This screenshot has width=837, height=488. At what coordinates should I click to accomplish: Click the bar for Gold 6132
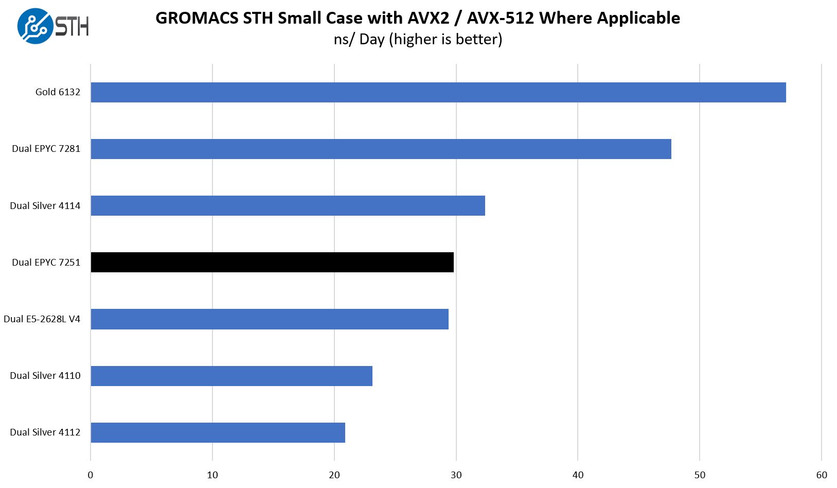point(438,92)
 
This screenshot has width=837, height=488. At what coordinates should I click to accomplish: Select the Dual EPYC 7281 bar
point(381,149)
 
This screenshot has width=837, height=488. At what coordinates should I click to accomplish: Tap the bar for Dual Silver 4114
point(288,205)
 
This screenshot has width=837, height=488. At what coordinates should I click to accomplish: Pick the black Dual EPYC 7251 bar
point(272,262)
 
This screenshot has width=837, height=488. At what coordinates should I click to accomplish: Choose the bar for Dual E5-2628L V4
point(270,319)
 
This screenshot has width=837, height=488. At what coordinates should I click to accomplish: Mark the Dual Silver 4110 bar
point(231,376)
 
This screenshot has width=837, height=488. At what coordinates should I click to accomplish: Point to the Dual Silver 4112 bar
point(218,432)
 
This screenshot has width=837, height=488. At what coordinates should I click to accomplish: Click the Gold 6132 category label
point(58,92)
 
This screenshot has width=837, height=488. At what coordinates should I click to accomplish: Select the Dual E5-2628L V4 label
point(42,319)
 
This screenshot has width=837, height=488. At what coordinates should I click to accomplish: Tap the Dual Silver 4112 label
point(45,432)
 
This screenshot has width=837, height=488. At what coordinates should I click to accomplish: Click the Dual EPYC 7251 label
point(46,263)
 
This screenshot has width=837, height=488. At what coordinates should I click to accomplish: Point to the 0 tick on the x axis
point(91,475)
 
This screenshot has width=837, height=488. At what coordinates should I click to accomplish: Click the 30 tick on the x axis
point(456,475)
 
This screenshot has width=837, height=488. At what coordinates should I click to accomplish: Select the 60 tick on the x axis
point(822,475)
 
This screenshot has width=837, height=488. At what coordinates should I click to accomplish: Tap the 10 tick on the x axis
point(212,475)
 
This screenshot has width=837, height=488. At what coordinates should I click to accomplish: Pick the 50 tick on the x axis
point(700,475)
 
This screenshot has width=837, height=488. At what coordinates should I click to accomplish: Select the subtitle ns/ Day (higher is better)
point(418,39)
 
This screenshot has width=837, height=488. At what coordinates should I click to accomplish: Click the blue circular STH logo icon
point(35,26)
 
